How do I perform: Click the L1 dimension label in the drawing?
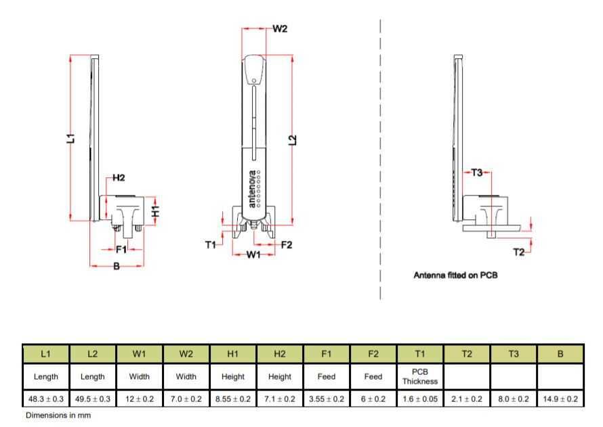70,138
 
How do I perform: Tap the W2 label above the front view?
280,29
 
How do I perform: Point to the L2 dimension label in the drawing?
293,140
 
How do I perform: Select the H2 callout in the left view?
119,178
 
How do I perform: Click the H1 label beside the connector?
155,211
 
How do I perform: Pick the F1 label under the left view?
121,250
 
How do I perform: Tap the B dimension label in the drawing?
117,266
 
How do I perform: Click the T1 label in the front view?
210,244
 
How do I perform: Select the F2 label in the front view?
287,244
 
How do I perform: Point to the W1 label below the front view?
253,254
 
